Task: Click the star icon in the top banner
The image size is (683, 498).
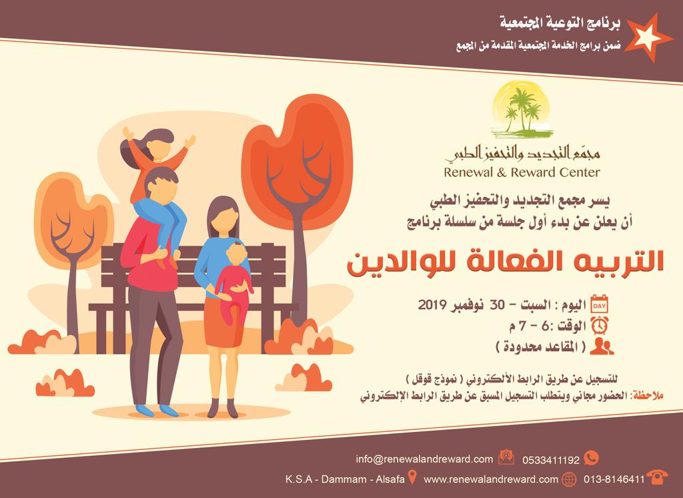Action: (x=647, y=37)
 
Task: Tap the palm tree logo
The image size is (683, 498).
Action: (x=522, y=109)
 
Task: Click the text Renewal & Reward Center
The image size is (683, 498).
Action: (x=522, y=172)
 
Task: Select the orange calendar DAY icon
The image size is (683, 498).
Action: (x=599, y=304)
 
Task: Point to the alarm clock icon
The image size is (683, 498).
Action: (x=600, y=325)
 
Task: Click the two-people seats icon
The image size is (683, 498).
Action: (x=602, y=346)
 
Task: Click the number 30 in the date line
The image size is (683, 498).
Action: (x=497, y=304)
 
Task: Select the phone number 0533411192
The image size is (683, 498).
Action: (x=551, y=460)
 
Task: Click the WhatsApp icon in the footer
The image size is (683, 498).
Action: (x=591, y=458)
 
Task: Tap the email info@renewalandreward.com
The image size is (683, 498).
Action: (x=424, y=459)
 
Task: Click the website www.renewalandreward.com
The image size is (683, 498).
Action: (x=491, y=479)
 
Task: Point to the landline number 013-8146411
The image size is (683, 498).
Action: (x=614, y=479)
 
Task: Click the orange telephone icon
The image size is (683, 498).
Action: (x=657, y=477)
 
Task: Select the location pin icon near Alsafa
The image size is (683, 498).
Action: (x=412, y=477)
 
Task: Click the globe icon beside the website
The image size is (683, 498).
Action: (x=569, y=479)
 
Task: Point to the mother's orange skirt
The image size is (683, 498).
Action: (x=223, y=322)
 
